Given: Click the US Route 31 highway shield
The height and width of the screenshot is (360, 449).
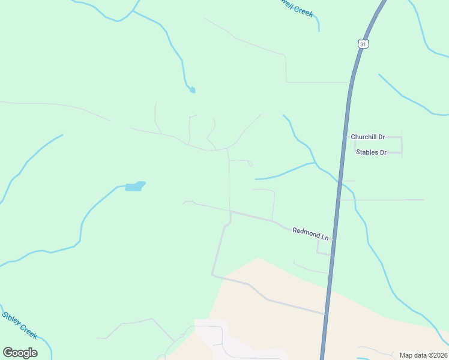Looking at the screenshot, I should click(363, 44).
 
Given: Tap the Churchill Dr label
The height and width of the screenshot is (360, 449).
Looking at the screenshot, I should click(367, 137).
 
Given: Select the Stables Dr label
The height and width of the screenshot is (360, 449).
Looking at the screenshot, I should click(371, 152).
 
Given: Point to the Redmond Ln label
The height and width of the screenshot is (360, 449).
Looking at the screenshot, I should click(310, 233).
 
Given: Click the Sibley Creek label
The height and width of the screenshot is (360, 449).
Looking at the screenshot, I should click(20, 324).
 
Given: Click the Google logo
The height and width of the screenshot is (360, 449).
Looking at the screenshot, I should click(20, 353).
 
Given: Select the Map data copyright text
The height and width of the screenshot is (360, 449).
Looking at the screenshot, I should click(423, 355).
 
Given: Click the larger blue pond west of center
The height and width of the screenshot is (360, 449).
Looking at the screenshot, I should click(136, 186).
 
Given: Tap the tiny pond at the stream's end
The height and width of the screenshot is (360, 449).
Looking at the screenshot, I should click(192, 90).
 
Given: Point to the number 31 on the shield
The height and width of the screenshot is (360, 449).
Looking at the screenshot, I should click(363, 44).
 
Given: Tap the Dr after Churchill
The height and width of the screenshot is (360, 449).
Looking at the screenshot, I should click(381, 137).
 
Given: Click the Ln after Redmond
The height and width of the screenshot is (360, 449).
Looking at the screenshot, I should click(324, 238).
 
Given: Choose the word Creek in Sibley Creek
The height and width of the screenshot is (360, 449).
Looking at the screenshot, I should click(29, 330).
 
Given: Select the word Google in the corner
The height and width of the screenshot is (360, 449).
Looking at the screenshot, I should click(20, 353).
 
